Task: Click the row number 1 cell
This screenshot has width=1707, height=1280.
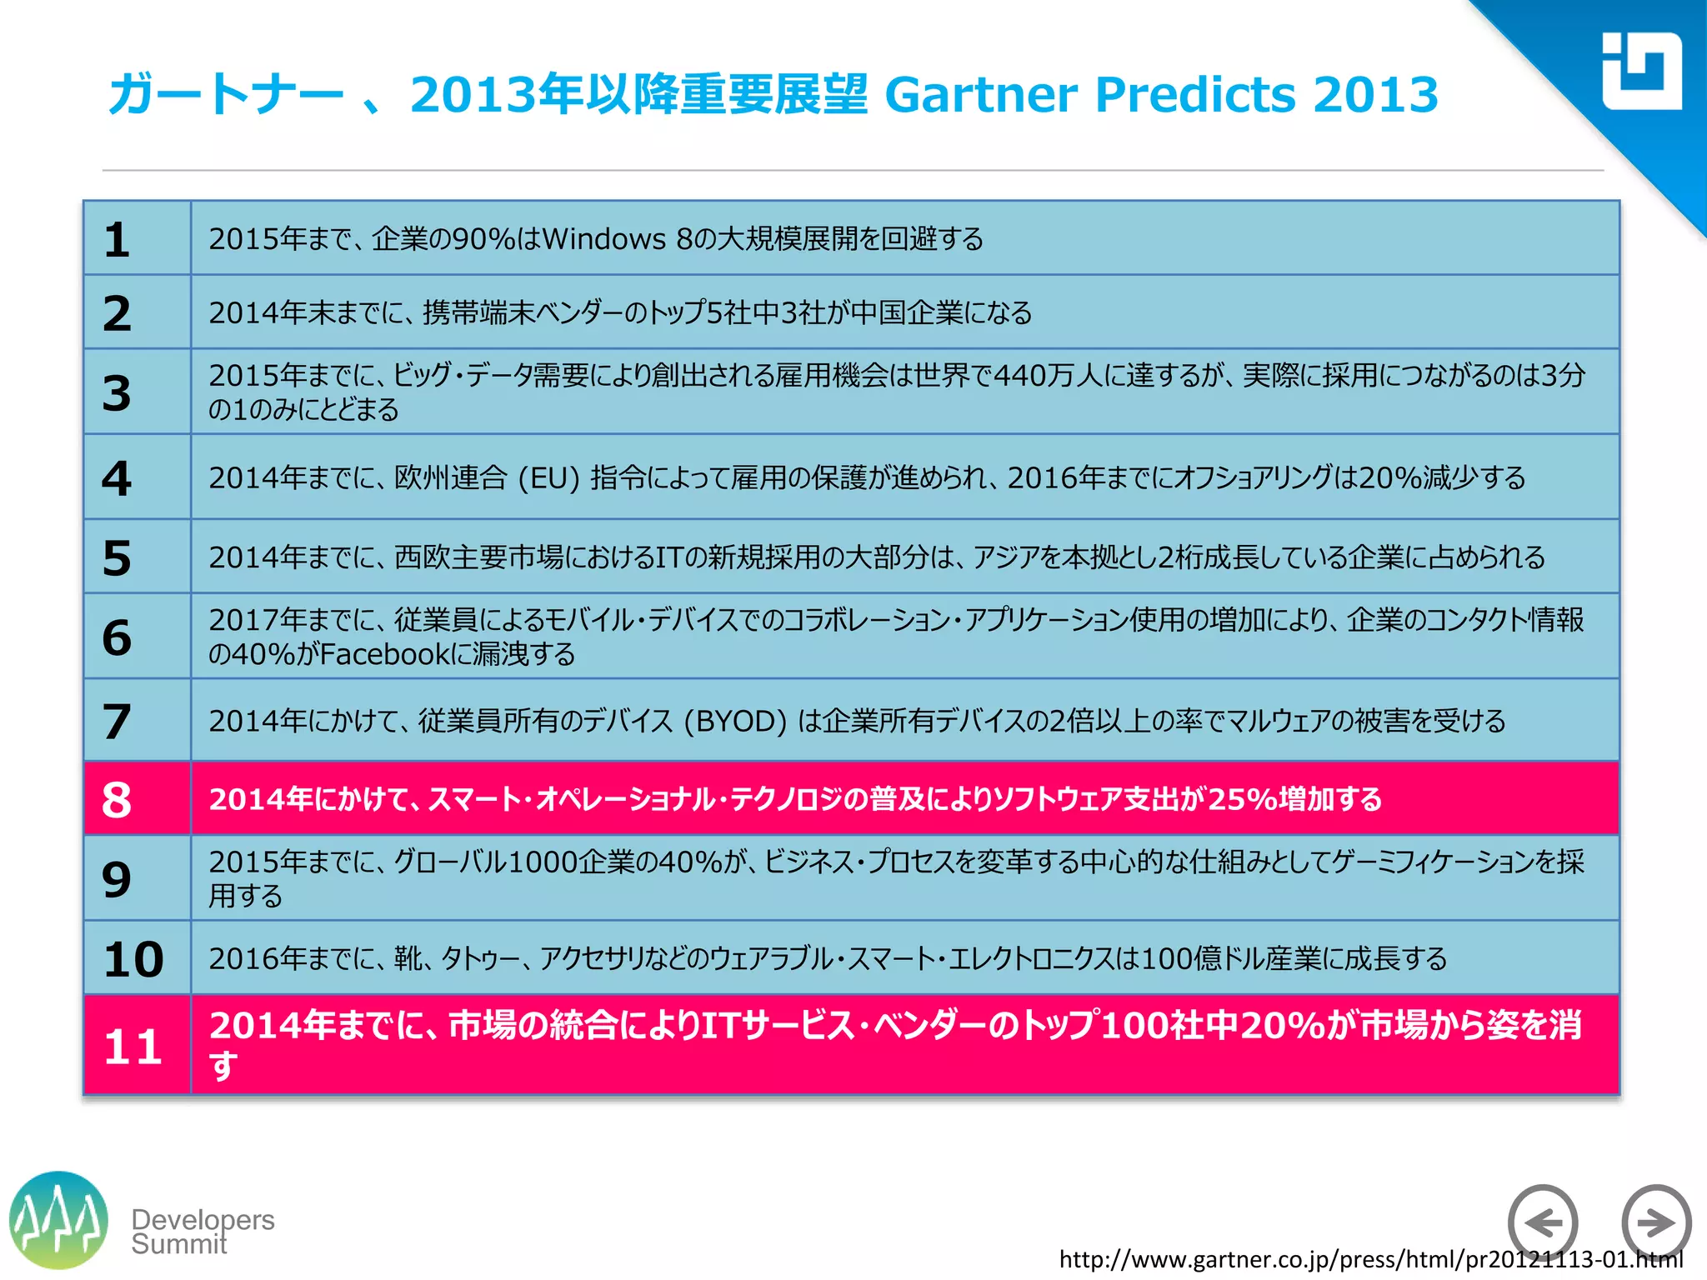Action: point(118,240)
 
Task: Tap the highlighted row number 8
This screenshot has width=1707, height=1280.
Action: point(118,800)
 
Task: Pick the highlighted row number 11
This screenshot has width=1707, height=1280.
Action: point(133,1047)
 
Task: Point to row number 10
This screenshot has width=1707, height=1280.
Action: point(133,959)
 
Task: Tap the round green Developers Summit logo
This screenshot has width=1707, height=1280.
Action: point(58,1221)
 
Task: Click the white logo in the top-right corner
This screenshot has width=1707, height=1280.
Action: point(1641,72)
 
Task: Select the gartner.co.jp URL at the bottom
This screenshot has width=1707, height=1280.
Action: point(1370,1259)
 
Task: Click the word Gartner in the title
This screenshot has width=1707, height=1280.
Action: point(980,94)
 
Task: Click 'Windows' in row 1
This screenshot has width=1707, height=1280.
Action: point(604,240)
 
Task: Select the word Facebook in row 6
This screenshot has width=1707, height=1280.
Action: point(385,655)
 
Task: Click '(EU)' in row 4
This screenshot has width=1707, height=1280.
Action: point(548,478)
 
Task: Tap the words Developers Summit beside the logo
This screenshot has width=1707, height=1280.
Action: point(203,1232)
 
